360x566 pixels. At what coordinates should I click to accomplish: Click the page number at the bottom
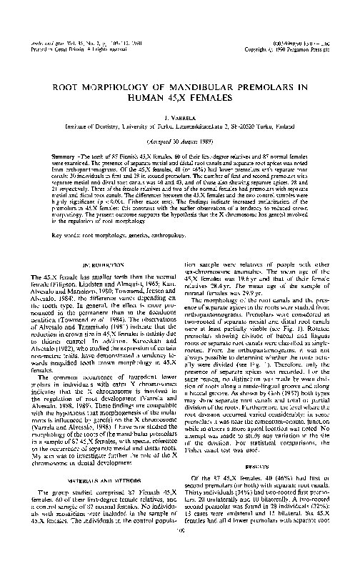[179, 551]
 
